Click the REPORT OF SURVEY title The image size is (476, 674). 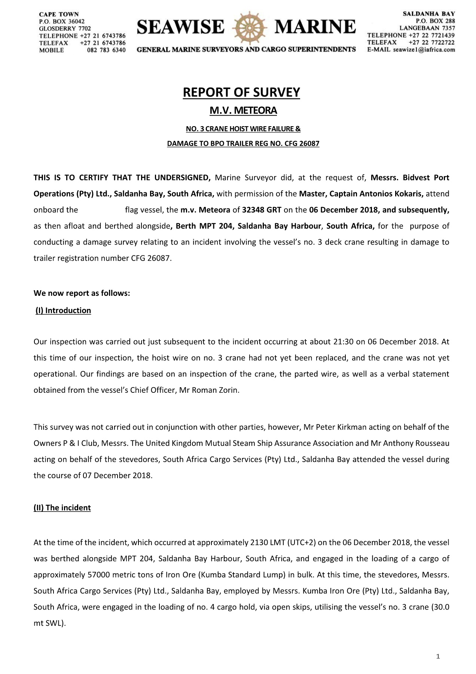coord(241,92)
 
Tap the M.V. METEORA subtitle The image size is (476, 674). coord(243,111)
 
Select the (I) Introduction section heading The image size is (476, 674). coord(63,310)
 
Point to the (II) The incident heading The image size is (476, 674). coord(62,508)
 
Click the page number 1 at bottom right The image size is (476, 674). coord(438,656)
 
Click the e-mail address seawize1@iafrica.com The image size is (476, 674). coord(424,50)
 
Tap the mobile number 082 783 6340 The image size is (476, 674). coord(106,50)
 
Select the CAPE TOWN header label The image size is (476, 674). coord(59,14)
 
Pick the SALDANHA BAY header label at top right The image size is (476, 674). coord(429,14)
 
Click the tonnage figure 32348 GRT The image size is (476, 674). coord(262,210)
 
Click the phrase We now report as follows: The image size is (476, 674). coord(82,293)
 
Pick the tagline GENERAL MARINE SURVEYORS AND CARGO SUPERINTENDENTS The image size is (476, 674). coord(246,49)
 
